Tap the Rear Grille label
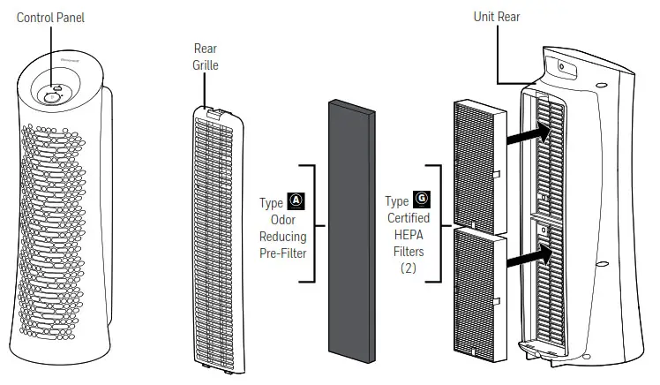(205, 57)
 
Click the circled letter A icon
(296, 201)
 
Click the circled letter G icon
(421, 200)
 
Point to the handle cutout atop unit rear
(559, 67)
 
